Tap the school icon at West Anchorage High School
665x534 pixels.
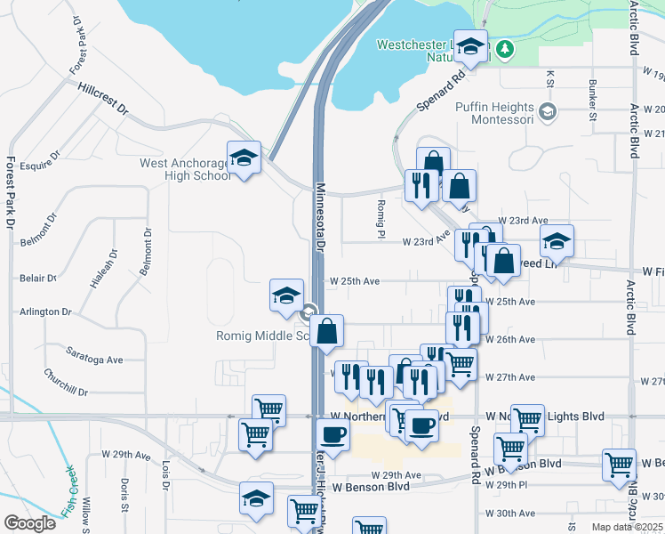(x=243, y=157)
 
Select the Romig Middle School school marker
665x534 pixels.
(x=286, y=295)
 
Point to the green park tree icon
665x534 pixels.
(x=505, y=48)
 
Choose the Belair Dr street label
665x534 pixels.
(x=38, y=279)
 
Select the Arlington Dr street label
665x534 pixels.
(x=46, y=312)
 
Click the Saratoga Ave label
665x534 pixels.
(x=96, y=360)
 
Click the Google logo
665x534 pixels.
(x=29, y=523)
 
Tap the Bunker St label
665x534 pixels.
(x=592, y=97)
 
